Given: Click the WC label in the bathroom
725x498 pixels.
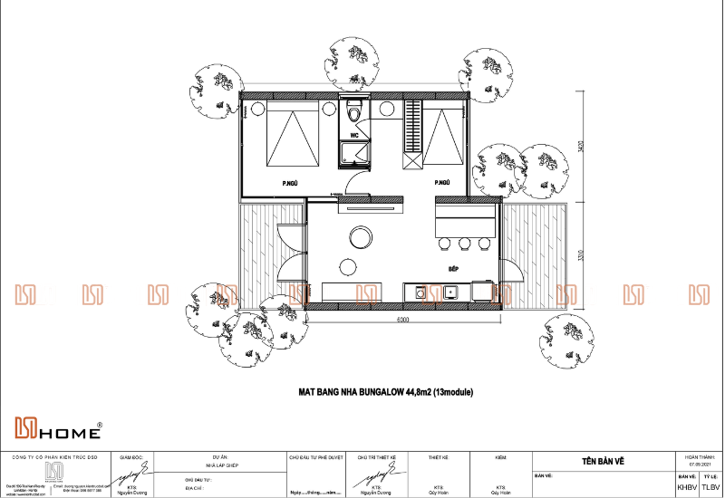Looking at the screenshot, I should point(355,136).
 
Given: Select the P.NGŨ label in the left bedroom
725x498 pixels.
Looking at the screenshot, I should point(291,183).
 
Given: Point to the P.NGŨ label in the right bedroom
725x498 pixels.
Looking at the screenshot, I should point(442,183).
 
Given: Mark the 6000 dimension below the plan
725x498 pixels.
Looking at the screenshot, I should point(402,320).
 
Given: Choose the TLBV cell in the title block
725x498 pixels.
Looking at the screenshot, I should point(710,487).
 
